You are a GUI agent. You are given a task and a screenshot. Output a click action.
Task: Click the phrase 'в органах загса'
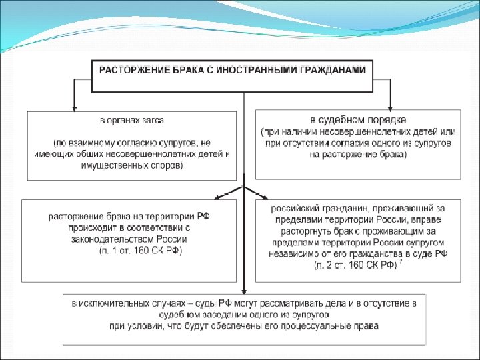(132, 121)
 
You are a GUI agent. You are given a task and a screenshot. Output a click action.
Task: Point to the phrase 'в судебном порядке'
(357, 121)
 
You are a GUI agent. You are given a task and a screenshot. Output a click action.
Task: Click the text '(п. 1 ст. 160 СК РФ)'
(141, 250)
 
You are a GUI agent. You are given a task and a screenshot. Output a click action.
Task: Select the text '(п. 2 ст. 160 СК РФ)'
(355, 265)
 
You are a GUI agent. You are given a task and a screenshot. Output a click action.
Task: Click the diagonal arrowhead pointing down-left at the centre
(217, 197)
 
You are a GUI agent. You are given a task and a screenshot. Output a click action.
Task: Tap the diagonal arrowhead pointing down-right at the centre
(265, 197)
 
